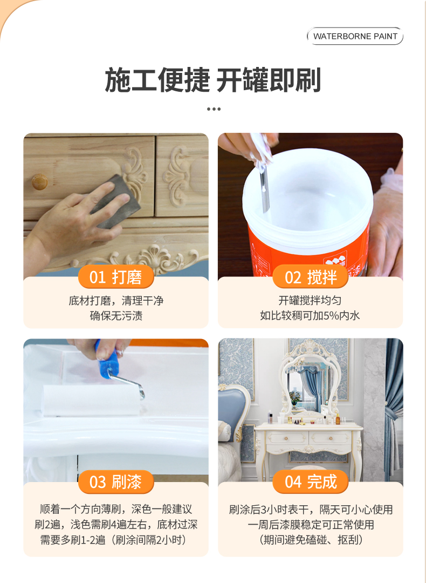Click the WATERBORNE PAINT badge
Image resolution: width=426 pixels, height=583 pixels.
pos(355,36)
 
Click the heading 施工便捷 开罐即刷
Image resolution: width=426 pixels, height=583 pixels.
pos(213,79)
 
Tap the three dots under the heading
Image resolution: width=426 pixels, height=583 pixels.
pos(214,109)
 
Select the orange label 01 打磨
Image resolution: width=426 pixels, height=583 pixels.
pos(116,277)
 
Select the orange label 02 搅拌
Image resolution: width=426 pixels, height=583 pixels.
pos(311,277)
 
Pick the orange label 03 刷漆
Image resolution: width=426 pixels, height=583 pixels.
pos(116,482)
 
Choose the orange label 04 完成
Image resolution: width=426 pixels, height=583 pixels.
pos(311,482)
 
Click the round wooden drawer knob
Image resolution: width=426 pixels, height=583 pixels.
pos(39,182)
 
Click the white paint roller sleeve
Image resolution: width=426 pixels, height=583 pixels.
pos(91,401)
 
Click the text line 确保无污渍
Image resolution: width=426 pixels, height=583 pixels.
pos(116,316)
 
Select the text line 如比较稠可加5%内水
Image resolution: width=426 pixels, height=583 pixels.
pos(310,316)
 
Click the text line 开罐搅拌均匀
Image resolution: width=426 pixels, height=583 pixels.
pos(310,301)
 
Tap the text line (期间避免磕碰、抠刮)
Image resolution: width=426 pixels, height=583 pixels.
pos(311,539)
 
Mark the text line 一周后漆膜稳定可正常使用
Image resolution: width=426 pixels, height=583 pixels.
pos(311,525)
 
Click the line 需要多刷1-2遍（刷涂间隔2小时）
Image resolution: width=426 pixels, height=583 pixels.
pos(114,539)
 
